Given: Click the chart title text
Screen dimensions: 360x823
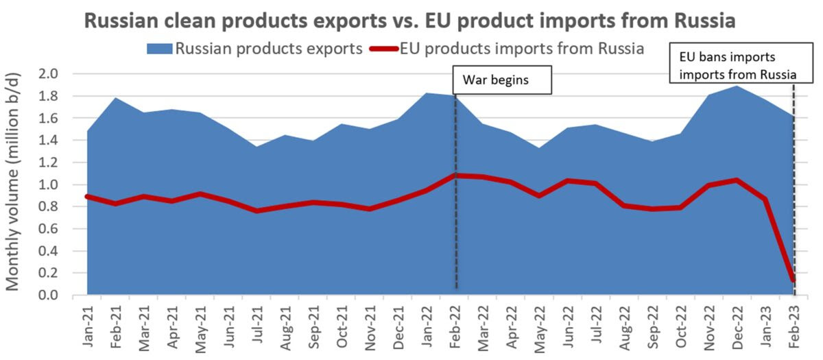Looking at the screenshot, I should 410,21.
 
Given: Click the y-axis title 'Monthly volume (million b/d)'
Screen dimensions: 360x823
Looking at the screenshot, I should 14,185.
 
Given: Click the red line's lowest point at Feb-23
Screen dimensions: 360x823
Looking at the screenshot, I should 794,279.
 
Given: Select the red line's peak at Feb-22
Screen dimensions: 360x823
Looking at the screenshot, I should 456,176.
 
